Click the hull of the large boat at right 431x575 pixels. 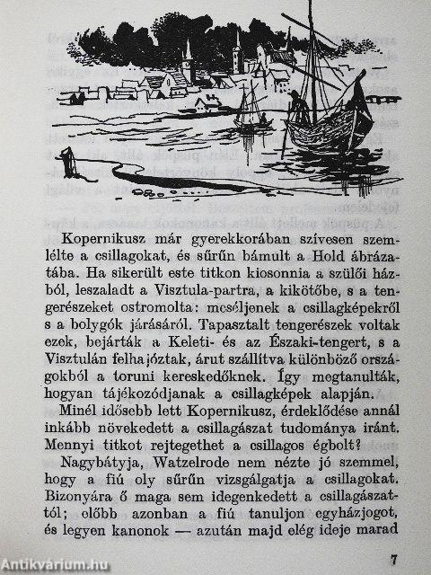(x=337, y=135)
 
